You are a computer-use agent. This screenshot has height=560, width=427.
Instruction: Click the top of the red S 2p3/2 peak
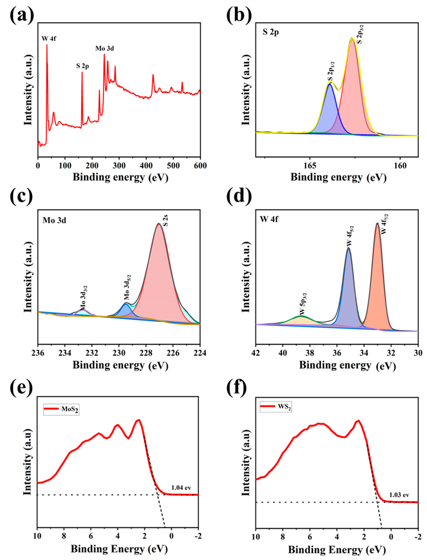tap(352, 39)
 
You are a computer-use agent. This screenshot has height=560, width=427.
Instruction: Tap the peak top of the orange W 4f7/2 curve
tap(377, 223)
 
